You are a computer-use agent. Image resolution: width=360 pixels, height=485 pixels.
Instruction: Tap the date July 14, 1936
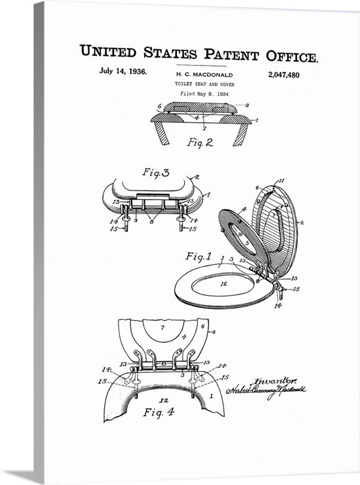pos(123,71)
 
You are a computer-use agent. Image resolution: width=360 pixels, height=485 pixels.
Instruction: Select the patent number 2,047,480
pos(283,75)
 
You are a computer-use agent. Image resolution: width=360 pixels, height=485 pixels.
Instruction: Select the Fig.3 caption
pos(156,172)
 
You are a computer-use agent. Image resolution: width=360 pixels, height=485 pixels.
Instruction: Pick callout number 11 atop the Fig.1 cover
pos(281,181)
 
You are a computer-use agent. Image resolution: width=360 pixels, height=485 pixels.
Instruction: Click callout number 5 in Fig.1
pos(247,242)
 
